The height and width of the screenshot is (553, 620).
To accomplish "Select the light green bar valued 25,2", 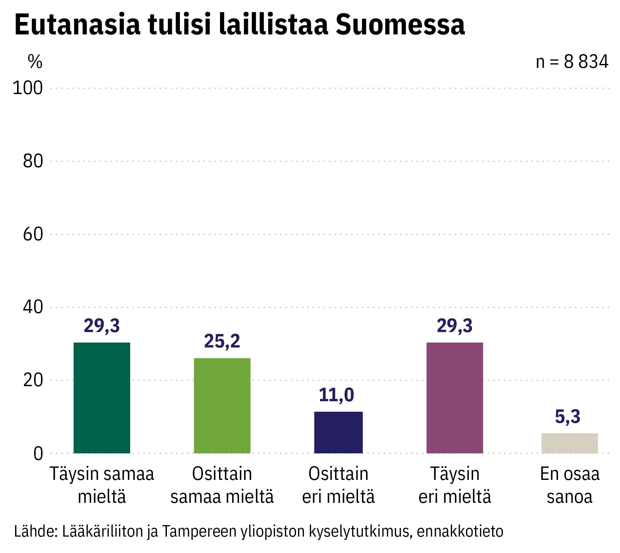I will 222,405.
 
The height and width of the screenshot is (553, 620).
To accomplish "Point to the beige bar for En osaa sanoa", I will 570,443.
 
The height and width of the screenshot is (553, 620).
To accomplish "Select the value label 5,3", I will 568,417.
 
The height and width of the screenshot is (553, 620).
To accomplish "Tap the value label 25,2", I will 222,341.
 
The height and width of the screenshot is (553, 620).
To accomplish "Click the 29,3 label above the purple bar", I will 454,326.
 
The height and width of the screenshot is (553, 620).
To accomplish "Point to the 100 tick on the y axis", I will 28,88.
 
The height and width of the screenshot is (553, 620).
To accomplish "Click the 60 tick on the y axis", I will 33,234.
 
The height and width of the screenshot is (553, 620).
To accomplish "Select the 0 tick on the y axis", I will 38,454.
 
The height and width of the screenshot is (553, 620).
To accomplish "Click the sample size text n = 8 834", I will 572,62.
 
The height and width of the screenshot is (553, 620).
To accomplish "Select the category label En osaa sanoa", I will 570,485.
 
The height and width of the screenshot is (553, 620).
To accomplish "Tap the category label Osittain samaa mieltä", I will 222,485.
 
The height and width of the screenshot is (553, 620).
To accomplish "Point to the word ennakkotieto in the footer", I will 460,531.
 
